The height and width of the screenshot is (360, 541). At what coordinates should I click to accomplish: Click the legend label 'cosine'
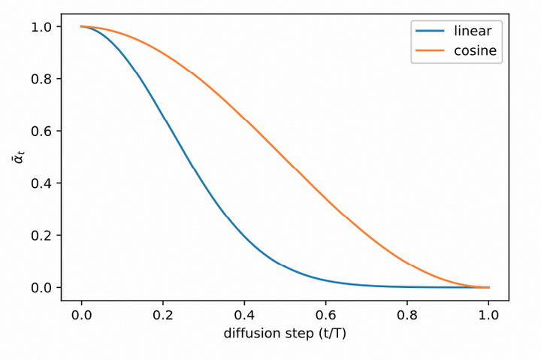pos(475,51)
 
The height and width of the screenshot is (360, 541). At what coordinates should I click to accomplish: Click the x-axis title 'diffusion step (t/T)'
pos(285,334)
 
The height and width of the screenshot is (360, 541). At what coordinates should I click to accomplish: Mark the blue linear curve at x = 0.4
pos(244,235)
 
